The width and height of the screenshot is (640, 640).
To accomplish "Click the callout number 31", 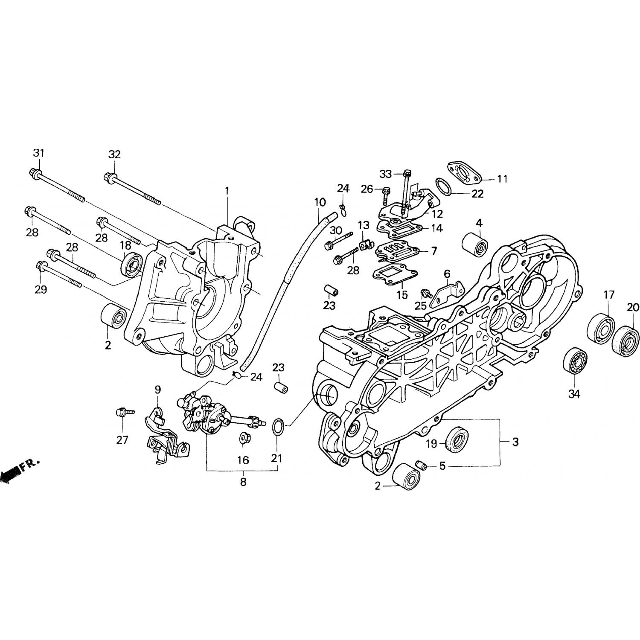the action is coord(39,152).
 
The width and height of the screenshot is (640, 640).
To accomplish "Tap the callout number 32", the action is coord(114,154).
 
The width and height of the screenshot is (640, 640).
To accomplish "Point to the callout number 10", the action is coord(320,202).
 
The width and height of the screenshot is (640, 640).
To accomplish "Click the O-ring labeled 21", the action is coord(278,428).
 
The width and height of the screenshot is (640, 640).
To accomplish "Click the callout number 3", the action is coord(515,442).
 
